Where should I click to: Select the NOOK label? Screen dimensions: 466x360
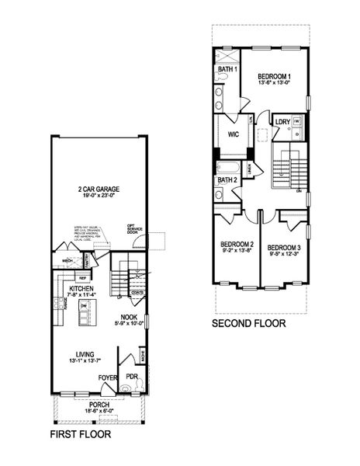point(129,317)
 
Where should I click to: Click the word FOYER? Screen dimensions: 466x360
point(108,378)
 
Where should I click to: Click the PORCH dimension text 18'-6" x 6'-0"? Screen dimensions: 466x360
point(99,411)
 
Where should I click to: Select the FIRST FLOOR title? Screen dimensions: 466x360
point(80,436)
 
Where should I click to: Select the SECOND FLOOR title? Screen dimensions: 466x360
point(248,323)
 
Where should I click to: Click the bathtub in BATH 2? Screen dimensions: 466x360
point(230,167)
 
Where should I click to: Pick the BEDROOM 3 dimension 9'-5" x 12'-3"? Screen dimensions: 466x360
point(285,252)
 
